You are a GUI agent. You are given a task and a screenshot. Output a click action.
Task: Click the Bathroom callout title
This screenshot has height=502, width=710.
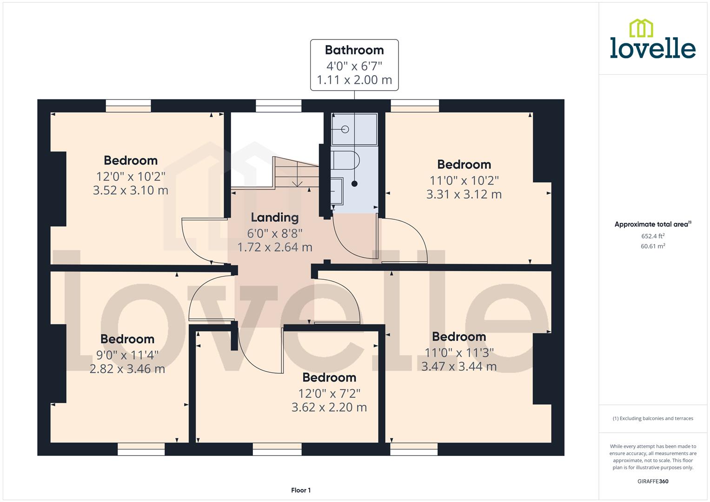[354, 50]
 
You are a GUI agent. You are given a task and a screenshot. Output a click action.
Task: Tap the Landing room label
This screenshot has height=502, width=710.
[274, 218]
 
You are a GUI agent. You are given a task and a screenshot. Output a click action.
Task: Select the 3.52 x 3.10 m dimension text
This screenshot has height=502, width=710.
[131, 191]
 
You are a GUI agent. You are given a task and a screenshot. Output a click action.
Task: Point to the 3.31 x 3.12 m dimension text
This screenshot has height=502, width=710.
[464, 194]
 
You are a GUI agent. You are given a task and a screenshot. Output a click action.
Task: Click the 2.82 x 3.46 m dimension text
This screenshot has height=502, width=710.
[127, 369]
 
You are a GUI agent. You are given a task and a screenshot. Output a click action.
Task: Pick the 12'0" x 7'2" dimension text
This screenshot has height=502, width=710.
[329, 394]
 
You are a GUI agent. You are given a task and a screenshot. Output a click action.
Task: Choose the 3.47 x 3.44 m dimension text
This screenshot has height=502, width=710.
[459, 366]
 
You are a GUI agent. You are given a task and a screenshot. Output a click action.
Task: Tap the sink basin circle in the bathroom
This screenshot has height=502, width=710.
[345, 129]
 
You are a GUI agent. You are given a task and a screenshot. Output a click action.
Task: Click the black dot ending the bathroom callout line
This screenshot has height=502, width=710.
[354, 184]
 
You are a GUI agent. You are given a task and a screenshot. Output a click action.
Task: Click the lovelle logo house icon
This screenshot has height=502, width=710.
[641, 28]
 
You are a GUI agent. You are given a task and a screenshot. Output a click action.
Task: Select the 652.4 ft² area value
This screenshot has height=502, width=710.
[653, 236]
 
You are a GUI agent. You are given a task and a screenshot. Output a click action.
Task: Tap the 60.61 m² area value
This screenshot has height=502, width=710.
[653, 246]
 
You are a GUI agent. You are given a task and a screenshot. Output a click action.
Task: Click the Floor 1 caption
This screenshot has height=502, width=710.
[301, 490]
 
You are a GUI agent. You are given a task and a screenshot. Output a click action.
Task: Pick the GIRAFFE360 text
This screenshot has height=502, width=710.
[653, 482]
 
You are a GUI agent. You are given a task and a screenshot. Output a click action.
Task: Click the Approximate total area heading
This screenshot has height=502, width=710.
[652, 225]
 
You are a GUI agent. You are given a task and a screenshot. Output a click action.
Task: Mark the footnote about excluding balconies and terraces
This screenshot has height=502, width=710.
[653, 418]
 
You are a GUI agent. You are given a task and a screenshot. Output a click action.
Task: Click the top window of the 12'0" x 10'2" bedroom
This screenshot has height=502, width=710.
[128, 106]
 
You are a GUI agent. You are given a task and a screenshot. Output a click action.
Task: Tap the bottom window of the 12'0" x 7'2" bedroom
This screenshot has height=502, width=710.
[277, 449]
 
